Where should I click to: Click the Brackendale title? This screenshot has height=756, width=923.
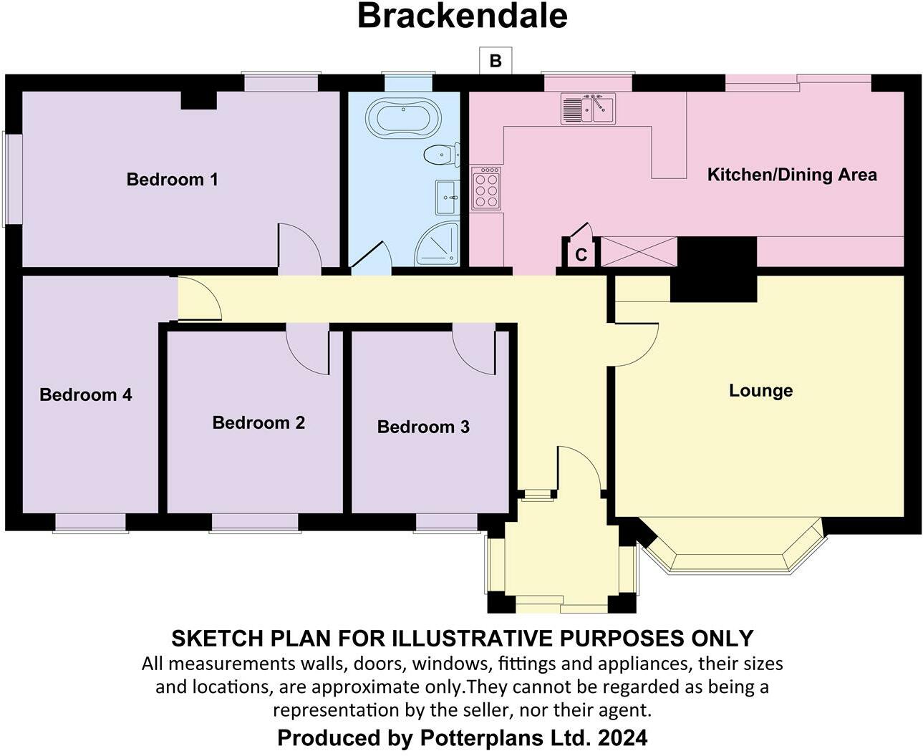coord(462,16)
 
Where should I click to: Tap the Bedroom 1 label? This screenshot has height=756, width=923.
coord(172,179)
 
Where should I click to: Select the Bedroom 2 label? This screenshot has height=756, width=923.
coord(258,423)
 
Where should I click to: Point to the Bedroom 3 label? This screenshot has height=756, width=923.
coord(423,427)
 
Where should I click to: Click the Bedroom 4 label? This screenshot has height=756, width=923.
coord(86,394)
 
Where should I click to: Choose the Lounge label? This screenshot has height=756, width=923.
coord(760,391)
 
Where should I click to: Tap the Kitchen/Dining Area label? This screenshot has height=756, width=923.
coord(791,175)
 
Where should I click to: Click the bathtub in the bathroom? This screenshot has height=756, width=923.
coord(404,117)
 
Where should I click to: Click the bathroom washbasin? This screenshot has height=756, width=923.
coord(447,196)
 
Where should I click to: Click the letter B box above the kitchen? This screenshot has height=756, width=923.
coord(496,61)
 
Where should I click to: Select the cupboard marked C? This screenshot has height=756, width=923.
coord(581,254)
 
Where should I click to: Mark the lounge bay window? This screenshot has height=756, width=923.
coord(732,551)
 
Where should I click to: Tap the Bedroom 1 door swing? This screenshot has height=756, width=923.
coord(297,247)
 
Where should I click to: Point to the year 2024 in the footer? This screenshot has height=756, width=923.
coord(624,737)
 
